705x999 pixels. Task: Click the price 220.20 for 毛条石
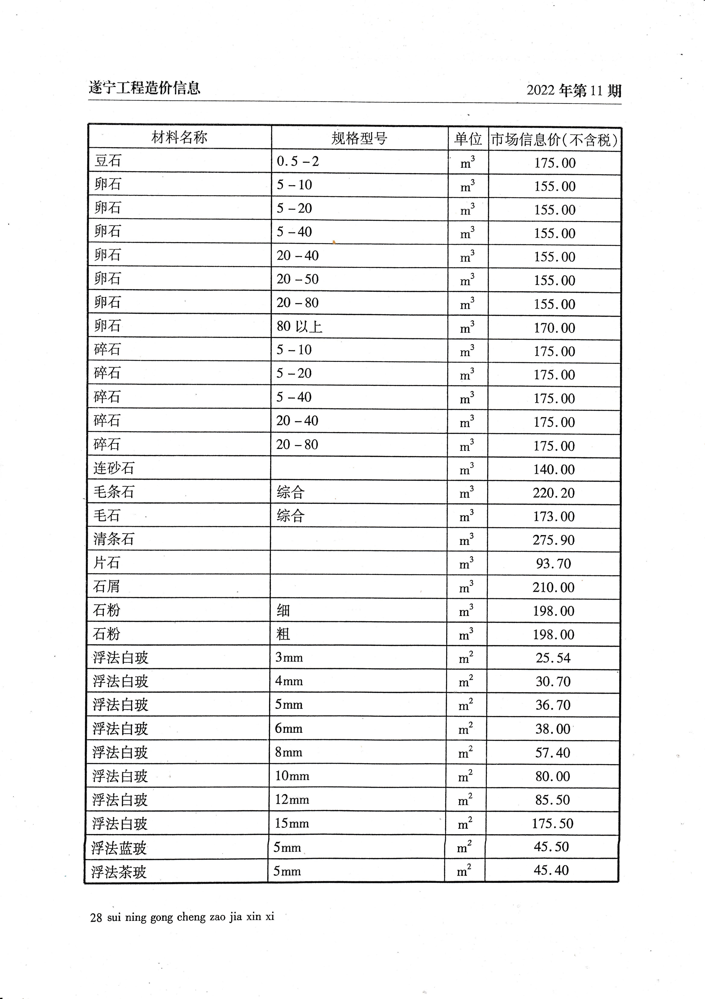(554, 493)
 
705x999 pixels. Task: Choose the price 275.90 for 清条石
(554, 540)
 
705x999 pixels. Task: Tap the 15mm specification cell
(292, 823)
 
